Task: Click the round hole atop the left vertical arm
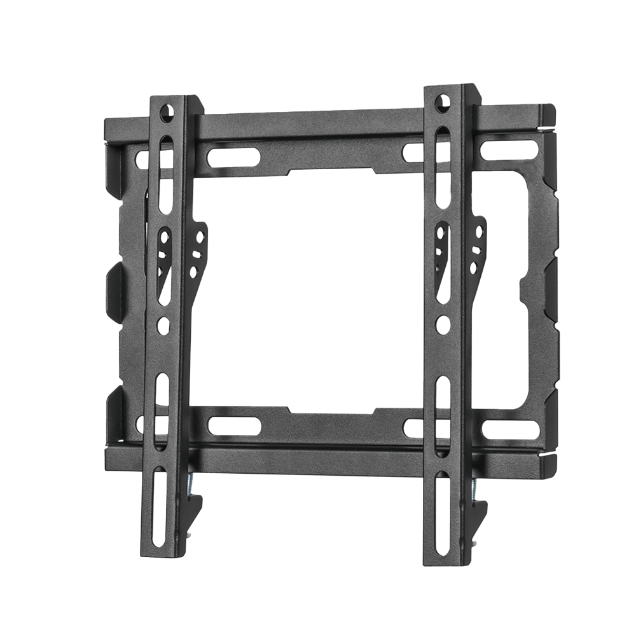(166, 113)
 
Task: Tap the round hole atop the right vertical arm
(443, 101)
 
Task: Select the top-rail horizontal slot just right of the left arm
(234, 157)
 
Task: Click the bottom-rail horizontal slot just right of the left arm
(234, 425)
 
